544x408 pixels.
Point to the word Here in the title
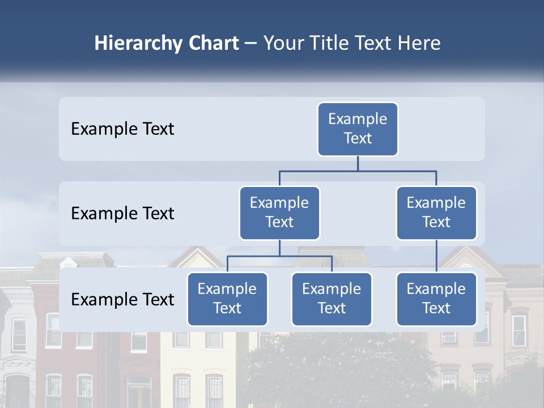click(418, 44)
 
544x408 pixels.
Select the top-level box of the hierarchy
click(358, 129)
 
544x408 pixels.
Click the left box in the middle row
click(279, 212)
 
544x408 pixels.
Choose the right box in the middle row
click(436, 212)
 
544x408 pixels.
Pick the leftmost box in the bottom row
click(227, 299)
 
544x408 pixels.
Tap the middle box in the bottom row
click(331, 299)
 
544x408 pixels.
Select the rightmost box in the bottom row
click(436, 299)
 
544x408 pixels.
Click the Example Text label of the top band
click(122, 129)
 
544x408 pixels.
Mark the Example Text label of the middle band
click(122, 214)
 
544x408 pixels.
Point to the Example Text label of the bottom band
click(122, 300)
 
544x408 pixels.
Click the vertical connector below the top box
click(358, 163)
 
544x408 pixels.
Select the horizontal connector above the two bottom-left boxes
click(279, 256)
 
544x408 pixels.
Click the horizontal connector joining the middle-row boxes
click(358, 171)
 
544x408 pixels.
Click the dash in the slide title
click(250, 44)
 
